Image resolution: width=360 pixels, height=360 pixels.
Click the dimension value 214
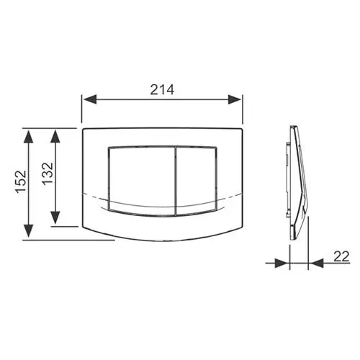click(162, 90)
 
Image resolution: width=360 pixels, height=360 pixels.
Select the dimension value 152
click(21, 181)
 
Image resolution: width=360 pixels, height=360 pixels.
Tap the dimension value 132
click(48, 174)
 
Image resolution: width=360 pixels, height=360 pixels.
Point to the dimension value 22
click(341, 256)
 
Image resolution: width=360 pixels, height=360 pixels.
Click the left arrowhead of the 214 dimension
click(90, 99)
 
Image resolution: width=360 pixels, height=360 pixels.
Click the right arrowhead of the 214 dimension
click(234, 99)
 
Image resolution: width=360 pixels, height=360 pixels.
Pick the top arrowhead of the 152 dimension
click(29, 137)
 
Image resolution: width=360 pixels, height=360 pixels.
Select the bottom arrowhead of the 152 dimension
click(29, 231)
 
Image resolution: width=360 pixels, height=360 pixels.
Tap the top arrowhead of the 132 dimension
click(55, 137)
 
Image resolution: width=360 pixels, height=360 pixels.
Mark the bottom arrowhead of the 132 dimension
click(55, 217)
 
